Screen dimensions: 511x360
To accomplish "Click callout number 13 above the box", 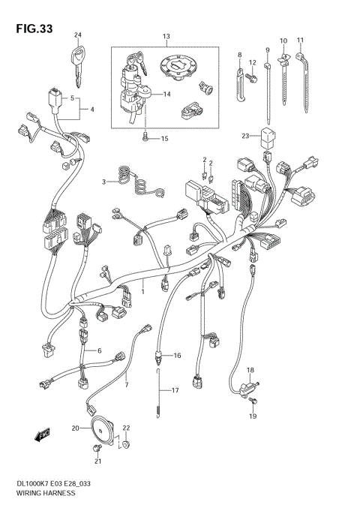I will [x=166, y=36].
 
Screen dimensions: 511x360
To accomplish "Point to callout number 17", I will [x=175, y=390].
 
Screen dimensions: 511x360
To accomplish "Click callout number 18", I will [x=251, y=371].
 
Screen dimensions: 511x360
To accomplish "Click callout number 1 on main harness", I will [x=144, y=286].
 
